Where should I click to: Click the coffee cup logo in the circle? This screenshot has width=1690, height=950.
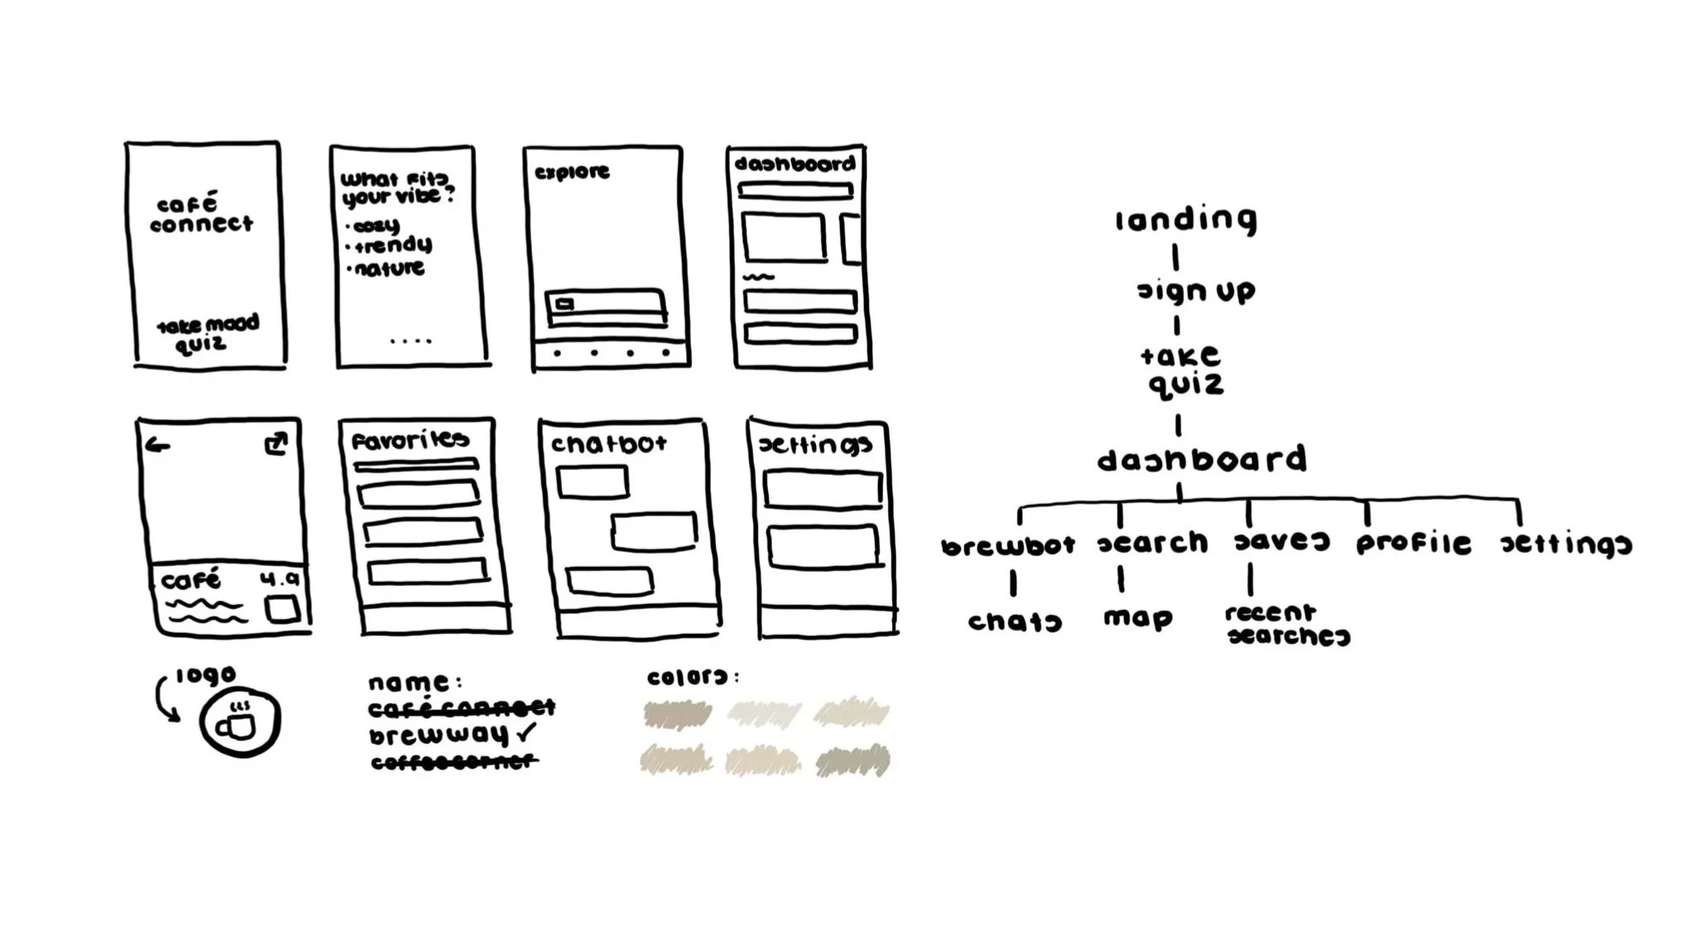[x=239, y=722]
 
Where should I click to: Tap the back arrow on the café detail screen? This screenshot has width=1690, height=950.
[x=157, y=446]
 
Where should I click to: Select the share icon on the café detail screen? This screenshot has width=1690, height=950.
[x=276, y=444]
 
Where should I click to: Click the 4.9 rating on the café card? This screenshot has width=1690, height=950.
[x=280, y=580]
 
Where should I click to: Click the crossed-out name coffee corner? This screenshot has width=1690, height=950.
[x=454, y=762]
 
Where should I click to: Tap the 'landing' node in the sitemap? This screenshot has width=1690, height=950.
[x=1185, y=220]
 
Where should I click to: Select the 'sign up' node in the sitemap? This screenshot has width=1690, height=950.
[x=1196, y=291]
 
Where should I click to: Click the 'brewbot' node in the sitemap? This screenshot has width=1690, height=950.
[x=1008, y=546]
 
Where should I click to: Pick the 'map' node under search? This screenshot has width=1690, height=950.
[x=1138, y=618]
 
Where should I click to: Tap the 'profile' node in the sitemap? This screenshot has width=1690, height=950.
[x=1414, y=544]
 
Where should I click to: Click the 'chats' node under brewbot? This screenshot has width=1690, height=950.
[x=1015, y=621]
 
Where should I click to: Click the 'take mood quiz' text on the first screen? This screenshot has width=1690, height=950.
[x=207, y=333]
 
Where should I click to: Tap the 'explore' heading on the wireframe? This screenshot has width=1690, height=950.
[x=572, y=173]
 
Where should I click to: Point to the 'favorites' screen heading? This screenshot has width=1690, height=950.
[x=410, y=440]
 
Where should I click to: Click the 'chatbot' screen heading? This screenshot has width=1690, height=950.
[x=609, y=444]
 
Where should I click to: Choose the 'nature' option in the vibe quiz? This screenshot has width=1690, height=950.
[x=389, y=269]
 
